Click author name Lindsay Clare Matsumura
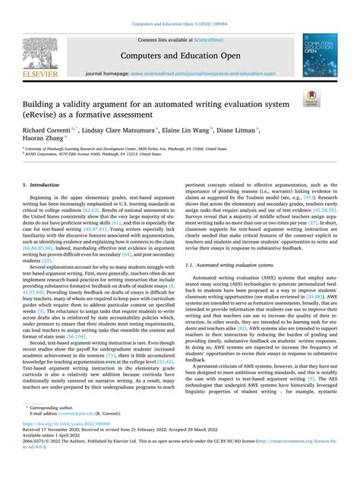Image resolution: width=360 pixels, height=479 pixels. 131,130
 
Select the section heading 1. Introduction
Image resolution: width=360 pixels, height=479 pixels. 44,184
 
